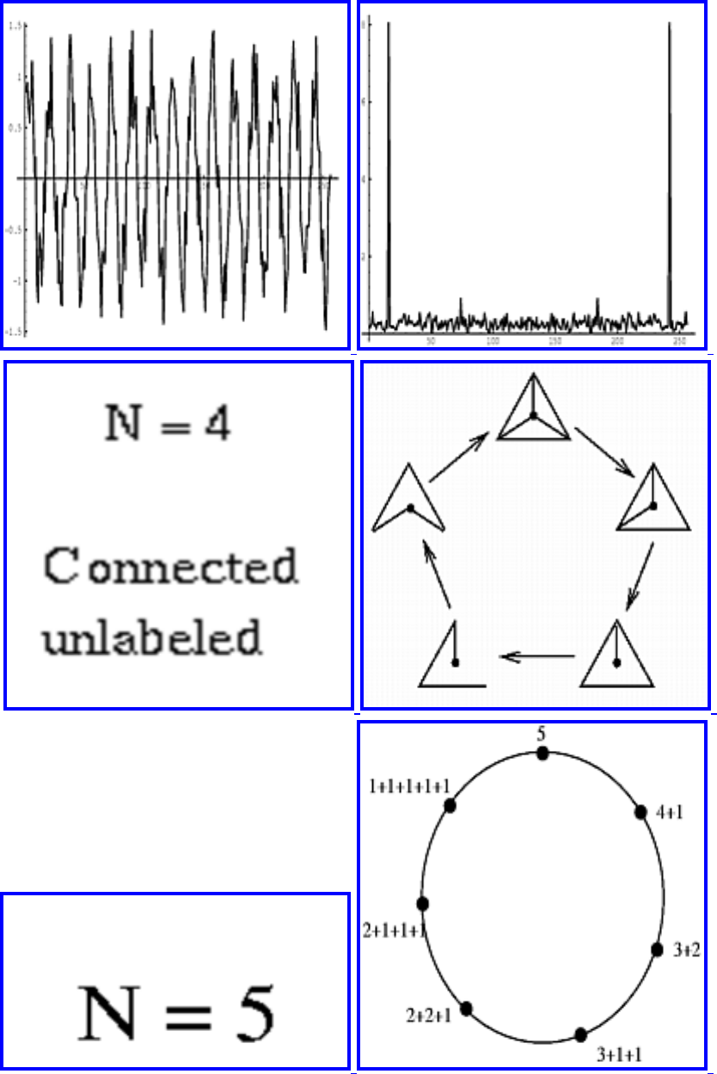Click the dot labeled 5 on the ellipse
[x=542, y=754]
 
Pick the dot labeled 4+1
[x=640, y=812]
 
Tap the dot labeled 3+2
[x=657, y=949]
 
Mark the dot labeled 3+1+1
[x=581, y=1034]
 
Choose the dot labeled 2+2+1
[x=467, y=1009]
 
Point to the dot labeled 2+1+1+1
[x=422, y=903]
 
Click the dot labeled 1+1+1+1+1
[x=449, y=805]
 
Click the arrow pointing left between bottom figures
[x=537, y=657]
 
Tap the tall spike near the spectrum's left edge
[x=389, y=172]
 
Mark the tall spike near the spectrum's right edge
[x=669, y=172]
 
